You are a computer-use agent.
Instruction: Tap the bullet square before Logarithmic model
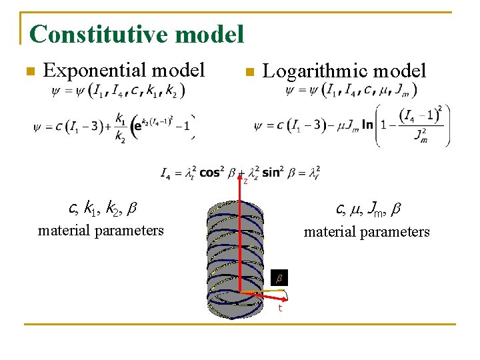(248, 71)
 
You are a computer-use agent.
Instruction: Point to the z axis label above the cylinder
(245, 181)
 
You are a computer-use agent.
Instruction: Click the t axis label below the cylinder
(280, 308)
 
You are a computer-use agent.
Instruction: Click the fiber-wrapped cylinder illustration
(240, 253)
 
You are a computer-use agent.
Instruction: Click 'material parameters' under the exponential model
(101, 231)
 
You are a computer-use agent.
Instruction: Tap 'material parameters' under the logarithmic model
(367, 232)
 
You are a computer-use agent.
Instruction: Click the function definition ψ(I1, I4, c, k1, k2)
(118, 90)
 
